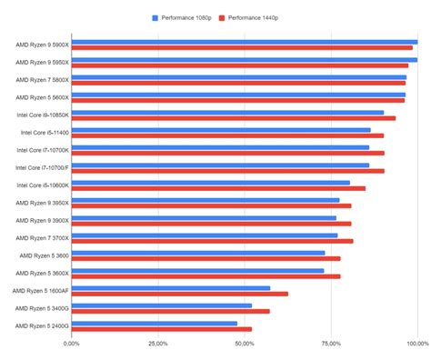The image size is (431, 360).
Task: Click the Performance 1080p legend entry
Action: [183, 17]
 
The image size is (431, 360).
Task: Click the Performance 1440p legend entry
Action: [255, 17]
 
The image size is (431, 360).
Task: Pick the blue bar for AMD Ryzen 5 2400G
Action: [154, 323]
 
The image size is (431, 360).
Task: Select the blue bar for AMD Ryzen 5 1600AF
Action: [170, 287]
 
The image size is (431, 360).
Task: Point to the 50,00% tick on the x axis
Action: [245, 344]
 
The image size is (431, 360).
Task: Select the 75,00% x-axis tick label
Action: [331, 344]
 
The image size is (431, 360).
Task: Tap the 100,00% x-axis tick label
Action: [416, 344]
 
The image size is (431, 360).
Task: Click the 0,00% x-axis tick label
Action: [72, 344]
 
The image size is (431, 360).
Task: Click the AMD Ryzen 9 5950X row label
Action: [42, 62]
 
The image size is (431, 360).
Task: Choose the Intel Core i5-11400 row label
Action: [42, 133]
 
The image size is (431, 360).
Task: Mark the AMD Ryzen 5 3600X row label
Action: [42, 273]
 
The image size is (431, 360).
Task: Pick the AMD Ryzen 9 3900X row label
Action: [42, 220]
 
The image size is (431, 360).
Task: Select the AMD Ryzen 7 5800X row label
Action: [42, 80]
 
